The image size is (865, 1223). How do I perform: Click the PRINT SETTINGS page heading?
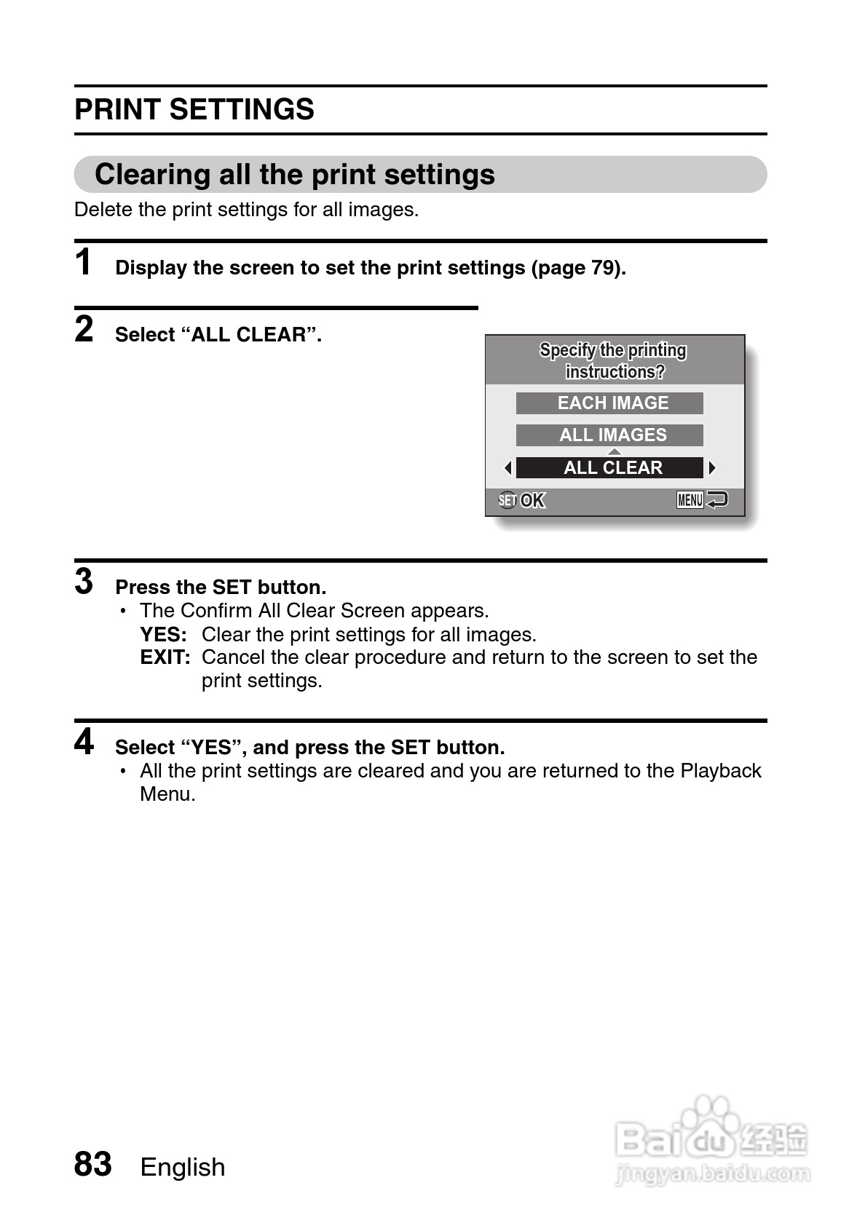point(194,110)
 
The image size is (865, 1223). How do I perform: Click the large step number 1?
point(84,262)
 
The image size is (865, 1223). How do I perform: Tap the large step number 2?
point(84,329)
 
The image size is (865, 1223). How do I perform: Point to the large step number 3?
point(84,582)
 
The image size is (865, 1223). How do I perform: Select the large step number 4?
point(84,742)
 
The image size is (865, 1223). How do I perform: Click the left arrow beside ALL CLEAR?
point(507,468)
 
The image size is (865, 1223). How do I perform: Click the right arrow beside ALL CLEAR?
point(712,468)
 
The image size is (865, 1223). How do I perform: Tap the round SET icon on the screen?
point(507,501)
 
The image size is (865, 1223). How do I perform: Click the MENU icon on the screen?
point(690,500)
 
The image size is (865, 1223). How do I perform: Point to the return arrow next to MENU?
point(717,500)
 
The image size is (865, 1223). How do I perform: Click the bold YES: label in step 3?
point(163,635)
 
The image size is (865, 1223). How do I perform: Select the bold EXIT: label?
point(165,658)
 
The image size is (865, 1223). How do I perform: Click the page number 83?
point(93,1164)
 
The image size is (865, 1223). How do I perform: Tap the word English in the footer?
point(183,1167)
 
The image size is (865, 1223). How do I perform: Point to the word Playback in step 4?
point(720,771)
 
